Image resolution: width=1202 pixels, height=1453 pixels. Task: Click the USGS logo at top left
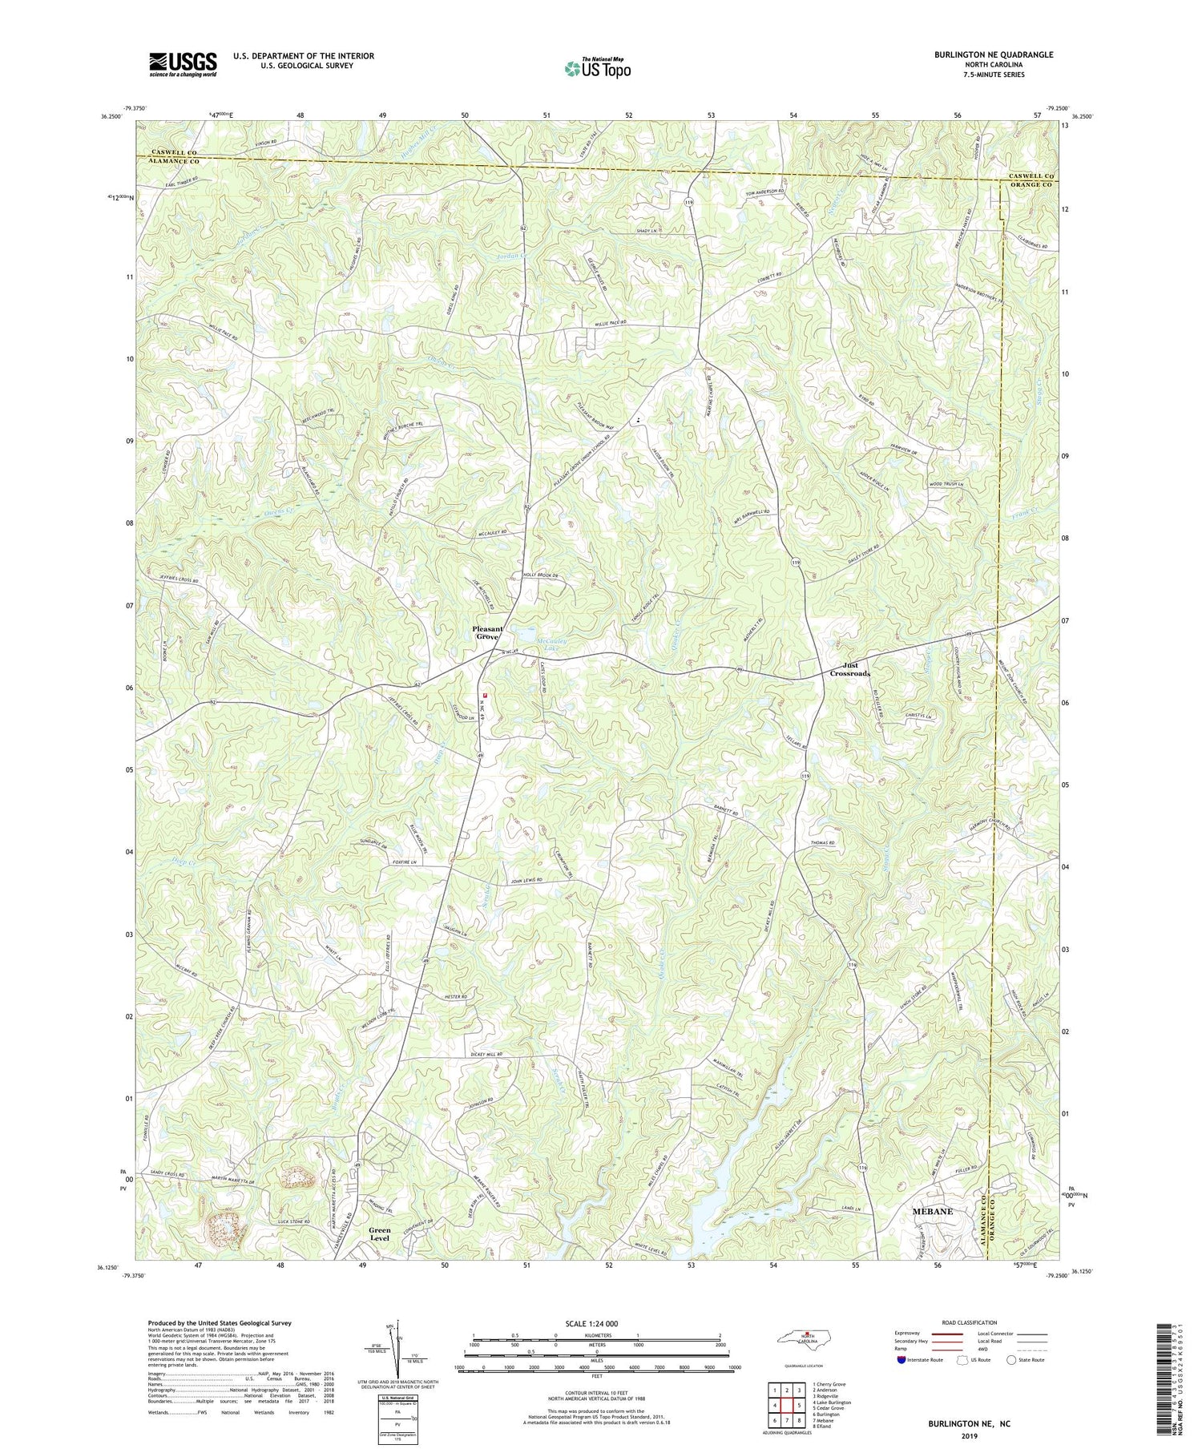point(183,64)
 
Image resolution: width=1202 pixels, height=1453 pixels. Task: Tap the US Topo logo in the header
point(597,69)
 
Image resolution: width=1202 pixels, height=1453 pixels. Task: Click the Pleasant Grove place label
point(487,632)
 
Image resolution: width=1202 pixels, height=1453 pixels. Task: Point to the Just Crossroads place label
point(849,669)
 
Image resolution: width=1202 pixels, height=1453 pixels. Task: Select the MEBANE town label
point(933,1211)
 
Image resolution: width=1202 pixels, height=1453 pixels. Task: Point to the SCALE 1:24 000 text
point(597,1323)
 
